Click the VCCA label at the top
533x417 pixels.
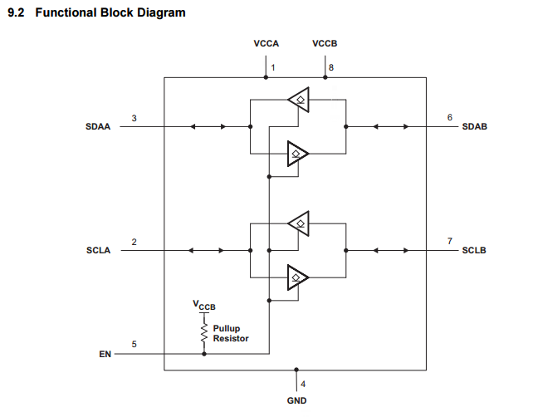(266, 43)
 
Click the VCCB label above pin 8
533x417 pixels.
(325, 43)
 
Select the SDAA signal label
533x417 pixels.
(98, 126)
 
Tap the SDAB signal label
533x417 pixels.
(475, 126)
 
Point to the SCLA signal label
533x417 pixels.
(98, 250)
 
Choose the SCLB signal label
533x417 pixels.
(474, 250)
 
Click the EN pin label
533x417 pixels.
(105, 354)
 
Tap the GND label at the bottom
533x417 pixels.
(296, 400)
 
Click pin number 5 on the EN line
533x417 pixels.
(134, 344)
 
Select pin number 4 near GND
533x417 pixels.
(303, 385)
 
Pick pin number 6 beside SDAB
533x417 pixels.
(450, 117)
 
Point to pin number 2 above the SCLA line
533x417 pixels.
(134, 242)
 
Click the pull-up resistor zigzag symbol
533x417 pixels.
(204, 332)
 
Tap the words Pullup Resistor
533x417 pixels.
(231, 333)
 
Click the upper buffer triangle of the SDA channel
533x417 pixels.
(298, 100)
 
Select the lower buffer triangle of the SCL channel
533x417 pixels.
(298, 277)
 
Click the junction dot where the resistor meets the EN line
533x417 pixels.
(204, 354)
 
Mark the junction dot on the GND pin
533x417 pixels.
(296, 370)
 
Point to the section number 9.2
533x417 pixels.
(16, 12)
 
